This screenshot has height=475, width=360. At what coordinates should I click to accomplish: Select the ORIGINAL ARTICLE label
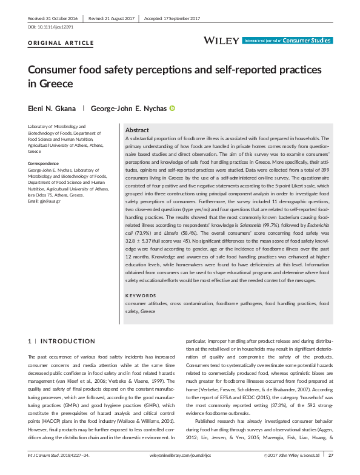[61, 44]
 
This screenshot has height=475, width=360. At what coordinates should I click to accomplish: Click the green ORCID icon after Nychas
[172, 109]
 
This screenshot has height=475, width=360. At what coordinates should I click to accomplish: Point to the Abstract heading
[136, 130]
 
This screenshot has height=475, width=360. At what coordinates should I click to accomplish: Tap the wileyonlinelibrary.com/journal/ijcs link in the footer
[179, 471]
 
